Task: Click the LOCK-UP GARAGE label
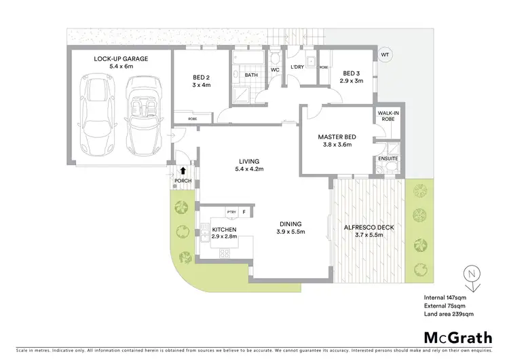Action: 121,59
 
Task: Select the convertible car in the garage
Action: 142,115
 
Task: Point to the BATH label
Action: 251,75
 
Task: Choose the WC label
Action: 276,69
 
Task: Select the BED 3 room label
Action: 353,73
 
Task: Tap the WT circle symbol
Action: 385,54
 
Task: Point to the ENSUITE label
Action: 388,159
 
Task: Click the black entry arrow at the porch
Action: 183,171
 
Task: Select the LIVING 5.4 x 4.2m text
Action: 249,165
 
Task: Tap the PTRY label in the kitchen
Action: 231,212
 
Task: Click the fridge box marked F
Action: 244,212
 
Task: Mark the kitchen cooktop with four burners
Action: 225,254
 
